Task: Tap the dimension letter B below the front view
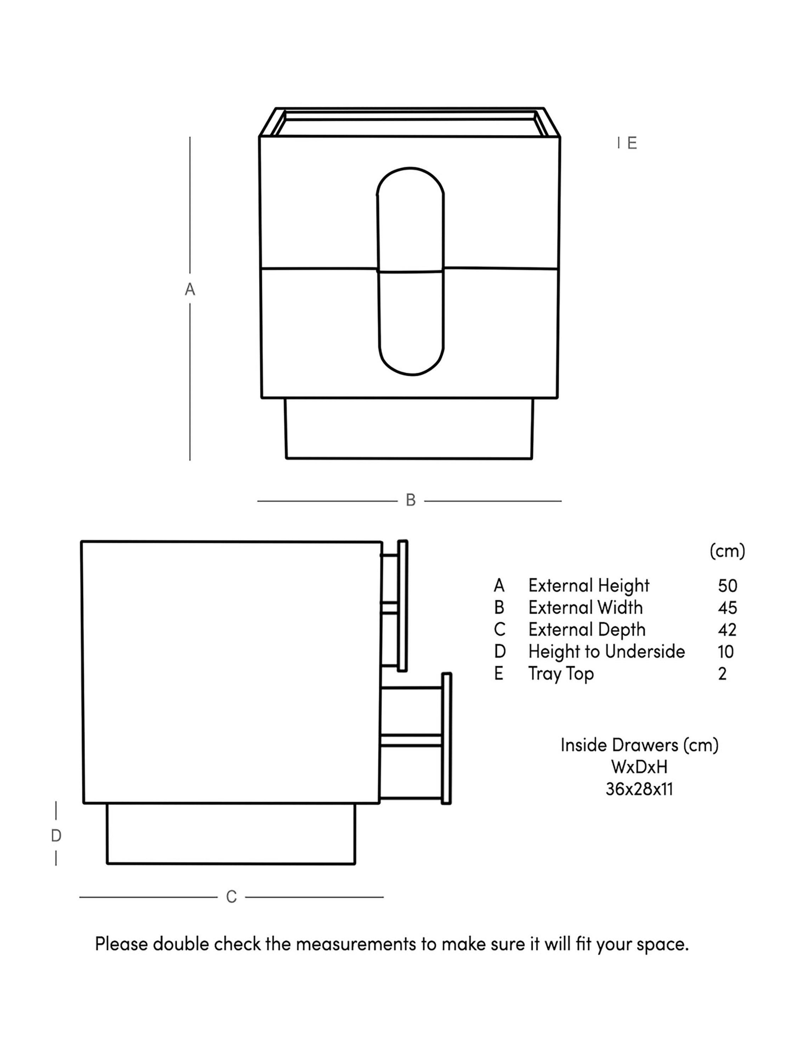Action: click(x=410, y=500)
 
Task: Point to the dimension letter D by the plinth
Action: click(x=56, y=836)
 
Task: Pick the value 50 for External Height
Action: click(x=727, y=586)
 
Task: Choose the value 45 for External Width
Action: click(x=727, y=608)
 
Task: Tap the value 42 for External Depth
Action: click(x=727, y=630)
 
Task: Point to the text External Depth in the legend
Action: click(x=587, y=630)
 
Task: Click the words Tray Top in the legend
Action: click(x=561, y=674)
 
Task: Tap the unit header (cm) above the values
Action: click(x=727, y=551)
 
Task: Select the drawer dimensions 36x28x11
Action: click(x=639, y=789)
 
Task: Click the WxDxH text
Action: click(x=639, y=767)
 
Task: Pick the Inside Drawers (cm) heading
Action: click(x=639, y=745)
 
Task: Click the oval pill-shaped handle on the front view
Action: click(x=410, y=271)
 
